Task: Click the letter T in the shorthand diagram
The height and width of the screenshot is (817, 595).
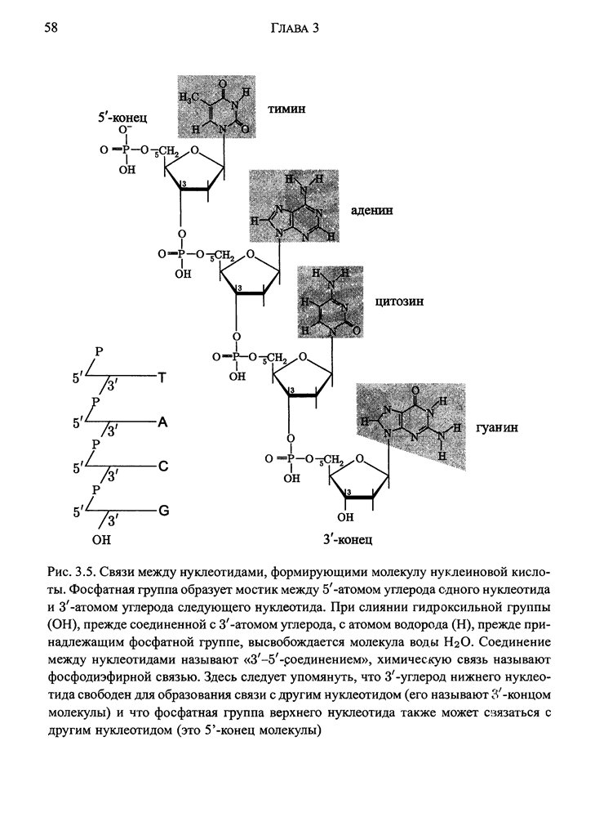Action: (x=161, y=378)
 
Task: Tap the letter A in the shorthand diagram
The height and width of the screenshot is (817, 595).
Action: (x=162, y=422)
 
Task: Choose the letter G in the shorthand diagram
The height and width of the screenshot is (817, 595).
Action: (x=163, y=511)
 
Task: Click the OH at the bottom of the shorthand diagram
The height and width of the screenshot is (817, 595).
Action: (x=100, y=540)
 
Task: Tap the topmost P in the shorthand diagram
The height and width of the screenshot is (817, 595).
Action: (x=99, y=352)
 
